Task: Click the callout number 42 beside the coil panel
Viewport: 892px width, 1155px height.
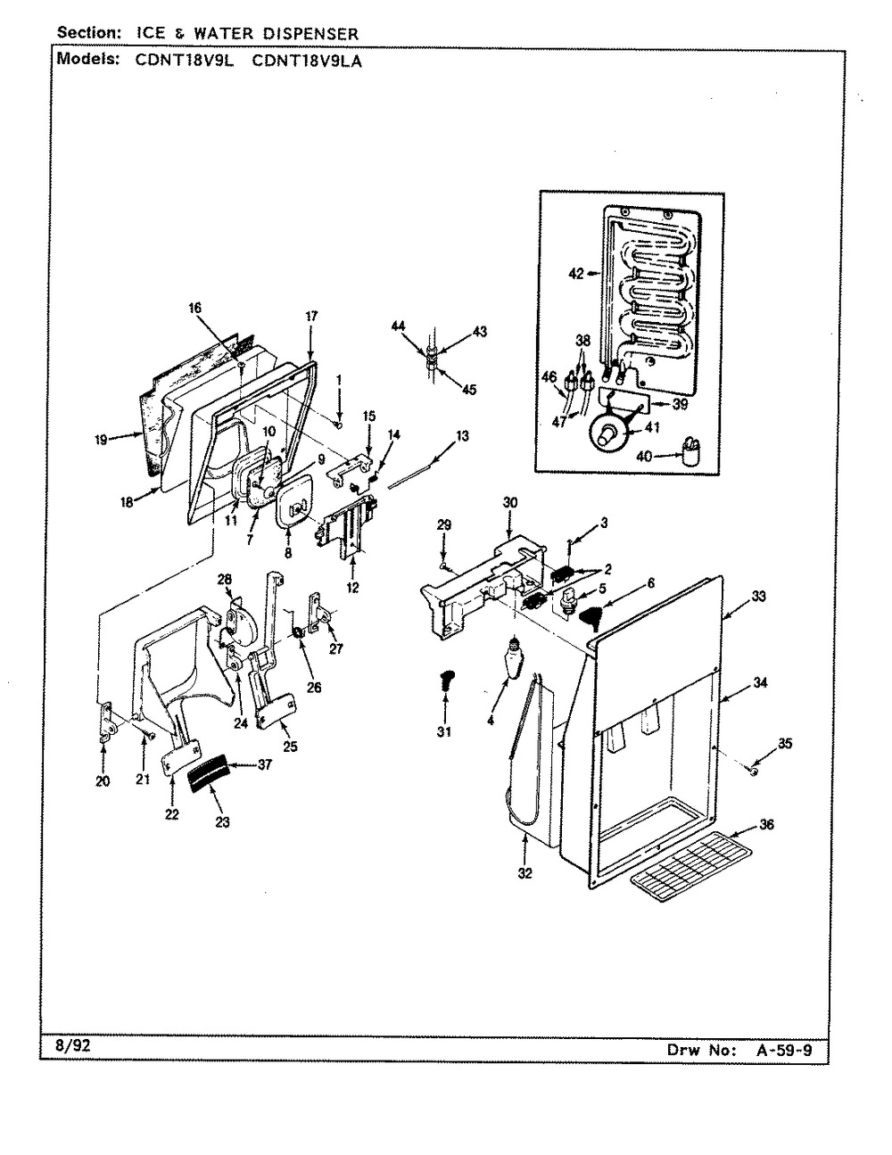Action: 576,274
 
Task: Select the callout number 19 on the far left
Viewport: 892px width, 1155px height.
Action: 101,440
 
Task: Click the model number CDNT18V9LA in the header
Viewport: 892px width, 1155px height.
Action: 307,62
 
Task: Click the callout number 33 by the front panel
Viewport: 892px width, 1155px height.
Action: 758,597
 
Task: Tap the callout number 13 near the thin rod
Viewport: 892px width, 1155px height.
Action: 462,436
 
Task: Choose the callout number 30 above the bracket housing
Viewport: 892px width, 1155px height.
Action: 510,502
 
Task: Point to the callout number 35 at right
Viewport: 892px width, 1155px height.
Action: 785,743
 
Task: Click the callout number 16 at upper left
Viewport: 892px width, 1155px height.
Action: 195,308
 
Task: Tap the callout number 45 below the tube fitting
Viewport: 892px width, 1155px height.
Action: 469,390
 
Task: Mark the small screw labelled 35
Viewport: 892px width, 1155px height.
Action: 753,770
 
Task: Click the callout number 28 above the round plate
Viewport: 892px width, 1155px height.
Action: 225,578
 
